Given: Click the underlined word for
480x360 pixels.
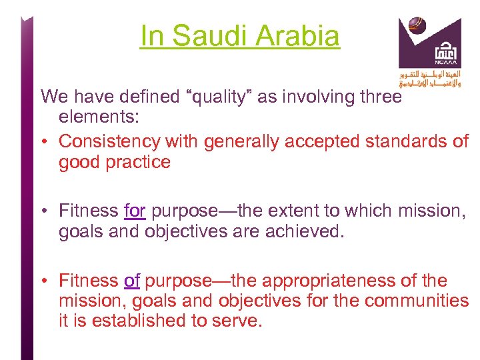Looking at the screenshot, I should coord(135,211).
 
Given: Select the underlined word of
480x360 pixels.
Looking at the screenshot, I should coord(132,281).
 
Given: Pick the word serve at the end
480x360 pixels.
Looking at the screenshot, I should coord(237,321).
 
